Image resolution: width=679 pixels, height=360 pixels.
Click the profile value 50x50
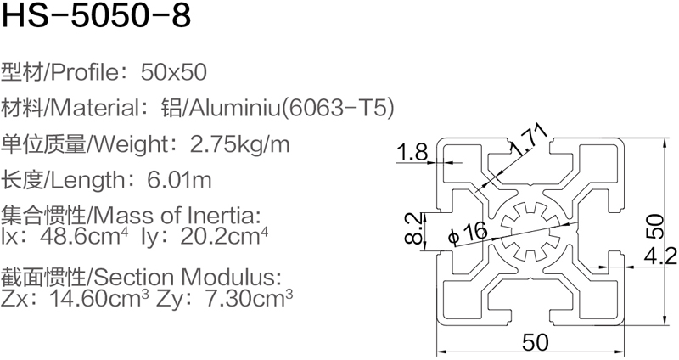[175, 71]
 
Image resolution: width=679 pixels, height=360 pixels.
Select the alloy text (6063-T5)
[337, 108]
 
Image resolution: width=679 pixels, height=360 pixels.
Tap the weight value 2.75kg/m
[241, 144]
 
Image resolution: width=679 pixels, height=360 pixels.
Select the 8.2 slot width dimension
[412, 228]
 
